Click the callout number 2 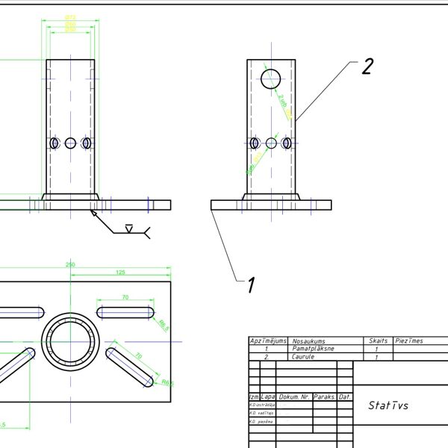(x=367, y=66)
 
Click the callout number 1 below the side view (x=251, y=284)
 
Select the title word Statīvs (x=388, y=405)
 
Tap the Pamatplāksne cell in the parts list (x=313, y=349)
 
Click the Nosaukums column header (x=308, y=340)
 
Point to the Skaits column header (x=379, y=340)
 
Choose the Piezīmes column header (x=409, y=340)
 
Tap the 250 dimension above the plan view (x=71, y=265)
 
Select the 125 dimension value (x=120, y=273)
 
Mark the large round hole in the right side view (x=270, y=78)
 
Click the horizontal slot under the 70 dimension (x=125, y=311)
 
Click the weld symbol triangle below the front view (x=129, y=228)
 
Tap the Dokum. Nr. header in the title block (x=296, y=396)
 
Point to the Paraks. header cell (x=326, y=396)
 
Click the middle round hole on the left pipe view (x=70, y=143)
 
